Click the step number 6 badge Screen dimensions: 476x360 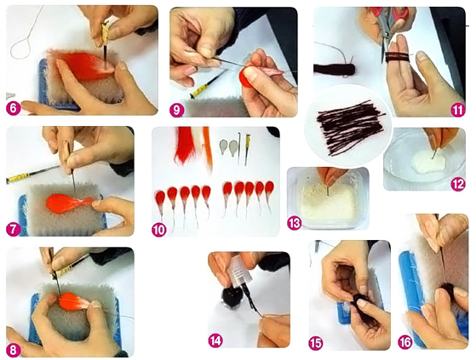(x=14, y=108)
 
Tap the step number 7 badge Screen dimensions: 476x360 (x=14, y=229)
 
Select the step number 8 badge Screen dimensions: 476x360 (x=14, y=350)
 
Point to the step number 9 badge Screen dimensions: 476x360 (x=176, y=110)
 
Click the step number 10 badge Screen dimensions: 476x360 (x=159, y=230)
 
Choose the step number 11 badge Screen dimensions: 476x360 (x=458, y=110)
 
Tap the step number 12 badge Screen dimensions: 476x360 (x=458, y=184)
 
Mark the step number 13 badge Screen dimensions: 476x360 (x=294, y=223)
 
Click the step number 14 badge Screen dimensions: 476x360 (x=215, y=340)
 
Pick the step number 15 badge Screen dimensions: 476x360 (x=316, y=343)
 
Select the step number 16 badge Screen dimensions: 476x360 (x=405, y=342)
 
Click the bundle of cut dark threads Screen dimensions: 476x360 (x=349, y=128)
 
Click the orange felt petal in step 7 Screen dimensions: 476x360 (x=68, y=203)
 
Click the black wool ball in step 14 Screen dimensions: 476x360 (x=232, y=298)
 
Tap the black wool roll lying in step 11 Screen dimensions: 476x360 (x=335, y=70)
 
